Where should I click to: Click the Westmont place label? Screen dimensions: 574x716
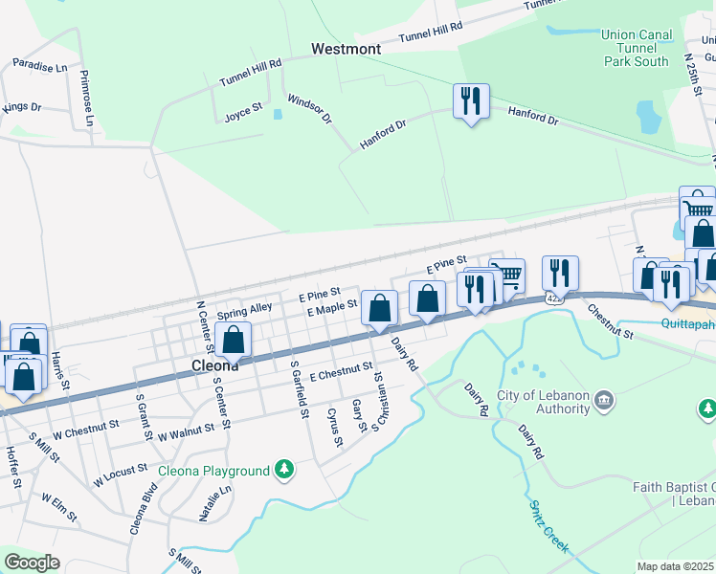pyautogui.click(x=346, y=49)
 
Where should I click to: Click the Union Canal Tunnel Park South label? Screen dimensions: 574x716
pyautogui.click(x=636, y=48)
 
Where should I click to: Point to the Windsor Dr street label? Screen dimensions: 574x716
pyautogui.click(x=309, y=110)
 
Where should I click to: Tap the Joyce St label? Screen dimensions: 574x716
pyautogui.click(x=243, y=112)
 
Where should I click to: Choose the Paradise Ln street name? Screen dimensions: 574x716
pyautogui.click(x=39, y=67)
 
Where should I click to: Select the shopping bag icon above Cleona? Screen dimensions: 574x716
pyautogui.click(x=233, y=339)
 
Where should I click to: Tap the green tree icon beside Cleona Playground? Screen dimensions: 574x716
pyautogui.click(x=283, y=469)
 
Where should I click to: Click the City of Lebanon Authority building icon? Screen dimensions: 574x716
pyautogui.click(x=604, y=398)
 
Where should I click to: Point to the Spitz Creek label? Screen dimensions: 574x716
pyautogui.click(x=549, y=525)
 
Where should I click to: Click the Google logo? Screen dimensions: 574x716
pyautogui.click(x=32, y=563)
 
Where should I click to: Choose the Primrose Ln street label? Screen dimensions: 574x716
pyautogui.click(x=86, y=98)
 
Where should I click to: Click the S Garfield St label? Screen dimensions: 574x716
pyautogui.click(x=300, y=394)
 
